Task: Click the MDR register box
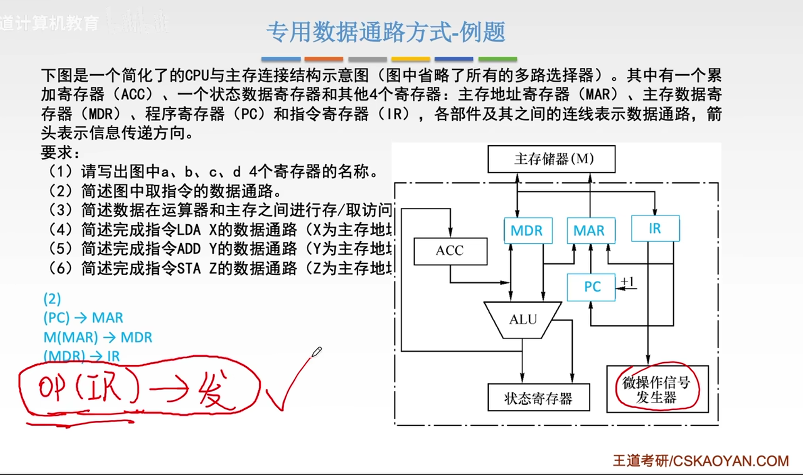tap(527, 231)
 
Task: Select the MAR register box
tap(590, 231)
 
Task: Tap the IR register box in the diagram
tap(655, 228)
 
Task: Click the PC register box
tap(591, 287)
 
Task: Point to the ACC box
tap(450, 251)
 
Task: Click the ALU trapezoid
tap(523, 319)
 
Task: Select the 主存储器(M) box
tap(551, 159)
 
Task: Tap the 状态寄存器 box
tap(538, 398)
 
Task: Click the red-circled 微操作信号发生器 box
tap(657, 390)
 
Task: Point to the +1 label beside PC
tap(627, 282)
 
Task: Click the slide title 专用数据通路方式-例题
tap(385, 32)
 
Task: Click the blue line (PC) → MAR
tap(83, 318)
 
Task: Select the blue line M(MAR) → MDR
tap(98, 337)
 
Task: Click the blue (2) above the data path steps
tap(52, 298)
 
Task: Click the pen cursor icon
tap(316, 352)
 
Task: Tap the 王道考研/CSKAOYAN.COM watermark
tap(700, 460)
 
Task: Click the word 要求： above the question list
tap(60, 153)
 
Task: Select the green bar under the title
tap(497, 59)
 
